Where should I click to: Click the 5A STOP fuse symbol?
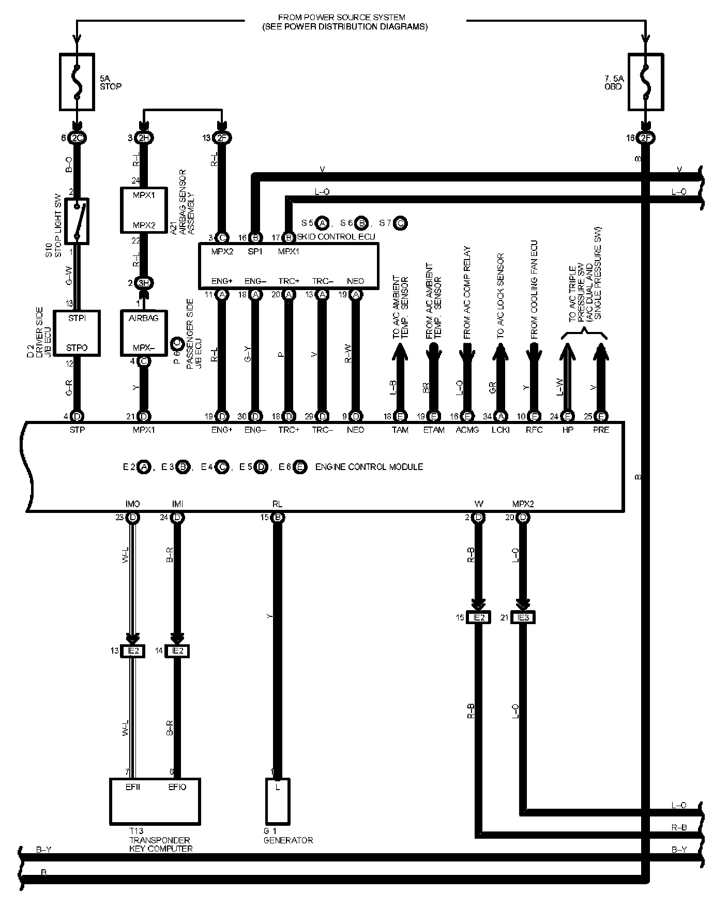click(77, 82)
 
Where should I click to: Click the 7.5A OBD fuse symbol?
click(645, 82)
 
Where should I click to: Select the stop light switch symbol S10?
click(77, 221)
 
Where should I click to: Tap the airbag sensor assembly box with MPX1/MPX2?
click(143, 210)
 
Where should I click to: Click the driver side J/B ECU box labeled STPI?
click(77, 333)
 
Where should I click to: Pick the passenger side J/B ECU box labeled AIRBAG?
click(143, 333)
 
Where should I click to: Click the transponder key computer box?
click(155, 801)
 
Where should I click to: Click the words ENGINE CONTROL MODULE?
click(369, 467)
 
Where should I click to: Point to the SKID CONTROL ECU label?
click(336, 237)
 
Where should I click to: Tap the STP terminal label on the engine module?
click(77, 430)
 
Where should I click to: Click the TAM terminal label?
click(400, 430)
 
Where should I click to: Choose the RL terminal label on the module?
click(277, 504)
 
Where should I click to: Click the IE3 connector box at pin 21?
click(523, 617)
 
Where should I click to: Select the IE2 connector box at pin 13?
click(133, 650)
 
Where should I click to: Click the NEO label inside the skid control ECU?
click(355, 281)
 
